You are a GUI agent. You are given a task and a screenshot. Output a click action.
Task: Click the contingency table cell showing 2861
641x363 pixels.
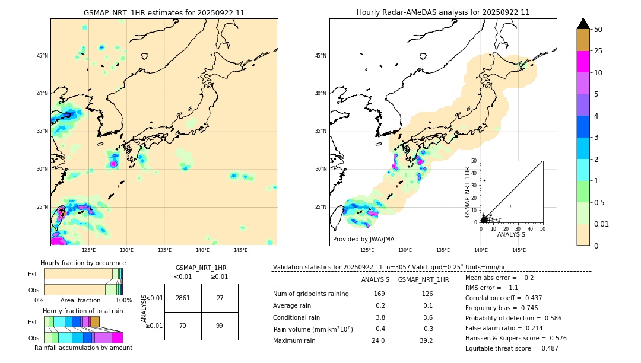pyautogui.click(x=183, y=298)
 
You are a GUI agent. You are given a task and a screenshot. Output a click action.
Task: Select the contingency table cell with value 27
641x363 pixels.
pyautogui.click(x=220, y=298)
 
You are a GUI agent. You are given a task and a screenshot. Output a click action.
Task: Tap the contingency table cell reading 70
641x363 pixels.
pyautogui.click(x=183, y=326)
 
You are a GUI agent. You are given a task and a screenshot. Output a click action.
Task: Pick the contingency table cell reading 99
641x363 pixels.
pyautogui.click(x=220, y=326)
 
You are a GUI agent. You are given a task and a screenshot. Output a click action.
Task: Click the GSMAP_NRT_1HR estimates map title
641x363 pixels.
pyautogui.click(x=164, y=12)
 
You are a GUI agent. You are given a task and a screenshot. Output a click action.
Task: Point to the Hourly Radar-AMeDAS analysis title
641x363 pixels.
pyautogui.click(x=443, y=12)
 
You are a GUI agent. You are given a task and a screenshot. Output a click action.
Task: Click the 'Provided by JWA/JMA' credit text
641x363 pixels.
pyautogui.click(x=363, y=239)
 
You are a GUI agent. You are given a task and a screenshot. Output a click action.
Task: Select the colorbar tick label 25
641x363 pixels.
pyautogui.click(x=598, y=51)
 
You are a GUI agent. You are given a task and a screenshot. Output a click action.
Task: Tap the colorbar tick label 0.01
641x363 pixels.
pyautogui.click(x=602, y=224)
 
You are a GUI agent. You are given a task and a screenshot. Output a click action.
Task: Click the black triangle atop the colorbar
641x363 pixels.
pyautogui.click(x=583, y=24)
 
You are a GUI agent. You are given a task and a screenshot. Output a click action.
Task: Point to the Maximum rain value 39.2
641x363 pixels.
pyautogui.click(x=426, y=340)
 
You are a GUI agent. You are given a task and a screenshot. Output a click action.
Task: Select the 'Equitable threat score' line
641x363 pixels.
pyautogui.click(x=512, y=348)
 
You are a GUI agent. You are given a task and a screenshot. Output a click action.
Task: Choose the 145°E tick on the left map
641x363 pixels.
pyautogui.click(x=240, y=250)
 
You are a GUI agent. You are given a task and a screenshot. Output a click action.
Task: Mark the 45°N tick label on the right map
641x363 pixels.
pyautogui.click(x=320, y=56)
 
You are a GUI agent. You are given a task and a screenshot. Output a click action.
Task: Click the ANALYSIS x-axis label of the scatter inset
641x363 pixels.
pyautogui.click(x=511, y=234)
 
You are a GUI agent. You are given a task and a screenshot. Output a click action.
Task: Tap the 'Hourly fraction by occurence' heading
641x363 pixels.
pyautogui.click(x=83, y=263)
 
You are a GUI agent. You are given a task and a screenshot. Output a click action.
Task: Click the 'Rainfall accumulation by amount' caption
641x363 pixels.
pyautogui.click(x=83, y=348)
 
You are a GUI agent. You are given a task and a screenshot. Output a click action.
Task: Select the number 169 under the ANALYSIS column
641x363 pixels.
pyautogui.click(x=379, y=294)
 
